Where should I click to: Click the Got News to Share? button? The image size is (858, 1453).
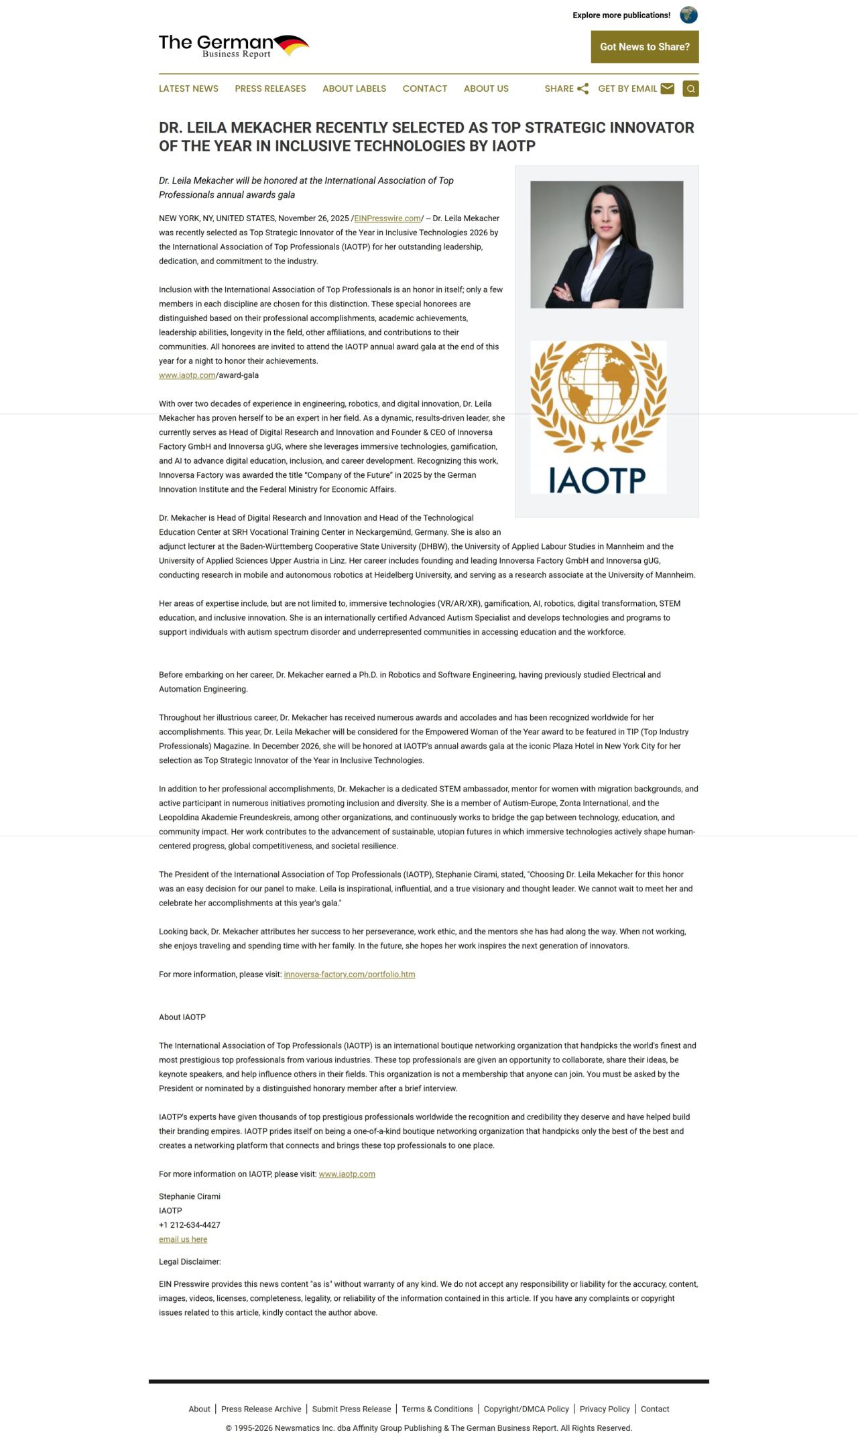click(x=644, y=47)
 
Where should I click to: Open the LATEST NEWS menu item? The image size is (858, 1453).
click(x=188, y=88)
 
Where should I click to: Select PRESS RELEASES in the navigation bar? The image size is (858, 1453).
click(x=270, y=88)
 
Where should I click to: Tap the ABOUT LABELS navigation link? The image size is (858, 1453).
click(x=354, y=88)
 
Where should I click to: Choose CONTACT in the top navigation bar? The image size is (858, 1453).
click(x=424, y=88)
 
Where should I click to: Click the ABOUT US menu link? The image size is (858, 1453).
click(x=486, y=88)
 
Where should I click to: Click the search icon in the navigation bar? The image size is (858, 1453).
click(x=690, y=88)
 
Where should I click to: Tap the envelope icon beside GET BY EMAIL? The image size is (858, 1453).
click(x=667, y=88)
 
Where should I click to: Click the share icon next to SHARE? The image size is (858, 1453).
click(x=583, y=88)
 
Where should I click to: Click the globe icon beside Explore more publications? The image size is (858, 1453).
click(x=688, y=15)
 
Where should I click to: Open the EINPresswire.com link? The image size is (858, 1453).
click(x=387, y=218)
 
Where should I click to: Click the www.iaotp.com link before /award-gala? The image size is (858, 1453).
click(x=187, y=375)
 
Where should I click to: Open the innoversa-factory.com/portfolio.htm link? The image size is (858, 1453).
click(x=349, y=974)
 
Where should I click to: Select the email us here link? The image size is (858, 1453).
click(x=183, y=1239)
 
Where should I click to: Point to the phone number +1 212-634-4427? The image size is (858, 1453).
click(x=190, y=1224)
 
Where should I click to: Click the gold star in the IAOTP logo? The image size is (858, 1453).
click(x=598, y=444)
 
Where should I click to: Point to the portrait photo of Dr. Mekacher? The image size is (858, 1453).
click(x=607, y=245)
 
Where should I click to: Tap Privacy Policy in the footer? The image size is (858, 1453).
click(x=605, y=1409)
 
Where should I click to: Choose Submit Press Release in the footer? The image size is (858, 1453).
click(x=351, y=1409)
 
